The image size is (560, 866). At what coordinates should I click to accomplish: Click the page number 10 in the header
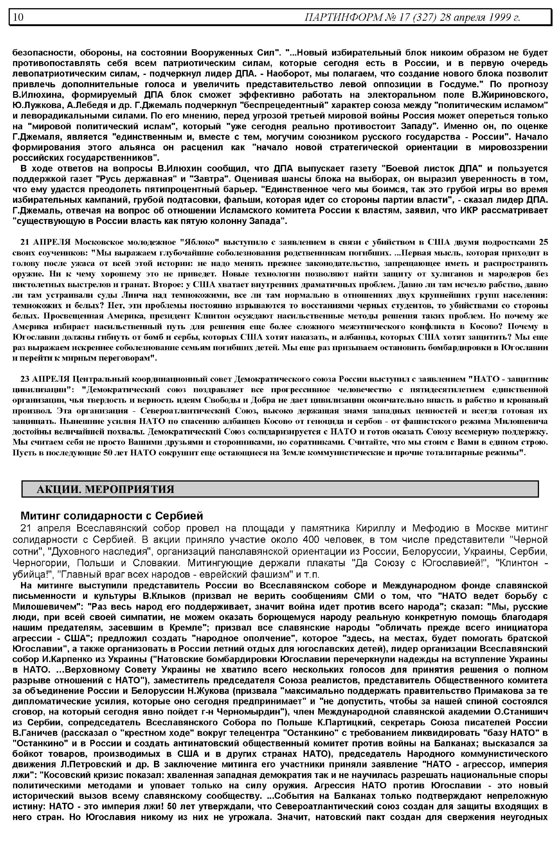tap(18, 17)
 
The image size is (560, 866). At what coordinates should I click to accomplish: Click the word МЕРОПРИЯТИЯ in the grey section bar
tap(129, 489)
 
